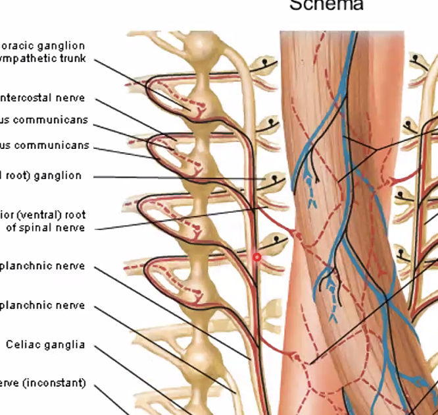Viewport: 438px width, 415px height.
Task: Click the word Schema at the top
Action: click(326, 5)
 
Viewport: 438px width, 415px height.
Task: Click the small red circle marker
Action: click(257, 257)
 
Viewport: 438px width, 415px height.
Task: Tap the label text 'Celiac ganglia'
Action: click(45, 345)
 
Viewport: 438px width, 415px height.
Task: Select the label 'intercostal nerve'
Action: click(43, 98)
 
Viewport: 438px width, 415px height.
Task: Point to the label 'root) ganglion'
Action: click(41, 176)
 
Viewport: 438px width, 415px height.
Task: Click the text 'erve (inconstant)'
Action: click(43, 383)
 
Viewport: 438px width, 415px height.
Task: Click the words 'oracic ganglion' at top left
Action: click(43, 46)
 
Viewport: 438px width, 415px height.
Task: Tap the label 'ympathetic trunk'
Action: click(43, 58)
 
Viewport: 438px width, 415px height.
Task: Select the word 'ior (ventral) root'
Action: click(43, 215)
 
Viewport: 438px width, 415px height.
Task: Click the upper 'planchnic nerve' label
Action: click(43, 266)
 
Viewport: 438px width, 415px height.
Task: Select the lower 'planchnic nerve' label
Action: click(43, 306)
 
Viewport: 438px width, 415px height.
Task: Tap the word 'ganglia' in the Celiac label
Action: click(64, 345)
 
